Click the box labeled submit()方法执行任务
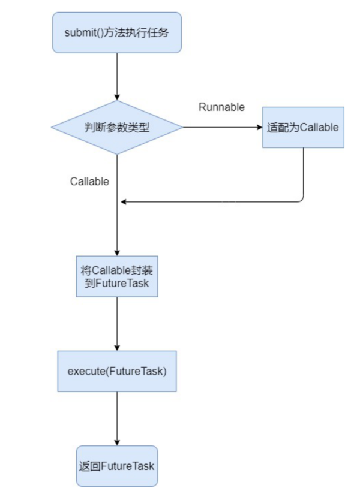click(x=116, y=32)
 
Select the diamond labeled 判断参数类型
click(x=116, y=127)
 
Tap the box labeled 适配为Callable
click(x=303, y=127)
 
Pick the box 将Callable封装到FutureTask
click(x=116, y=276)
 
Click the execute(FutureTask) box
click(x=116, y=371)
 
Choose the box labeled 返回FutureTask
click(x=116, y=466)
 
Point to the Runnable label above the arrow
click(x=221, y=107)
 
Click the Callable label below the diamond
click(x=89, y=181)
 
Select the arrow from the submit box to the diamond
click(x=116, y=75)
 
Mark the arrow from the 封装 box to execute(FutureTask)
click(x=116, y=323)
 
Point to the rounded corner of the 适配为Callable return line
click(x=301, y=200)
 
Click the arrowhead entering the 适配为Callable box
click(x=259, y=127)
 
